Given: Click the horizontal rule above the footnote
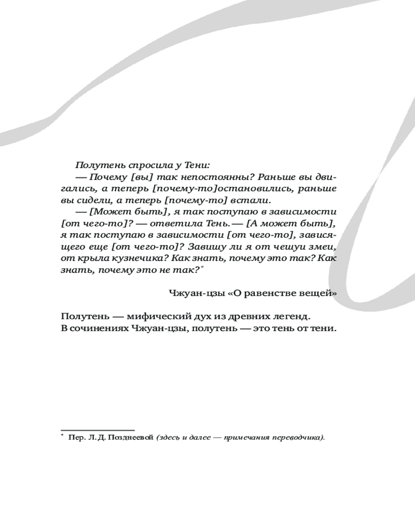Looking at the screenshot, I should pos(98,430).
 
